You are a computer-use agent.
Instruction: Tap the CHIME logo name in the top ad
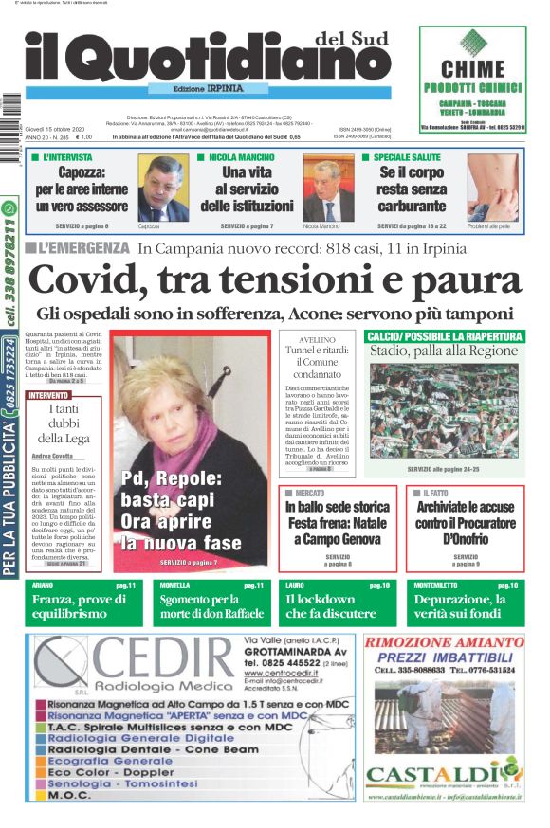click(x=472, y=68)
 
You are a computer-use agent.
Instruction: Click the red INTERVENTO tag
click(x=48, y=394)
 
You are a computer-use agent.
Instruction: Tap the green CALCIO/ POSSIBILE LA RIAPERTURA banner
click(x=444, y=336)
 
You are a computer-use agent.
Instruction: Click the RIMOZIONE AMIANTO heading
click(x=444, y=641)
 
